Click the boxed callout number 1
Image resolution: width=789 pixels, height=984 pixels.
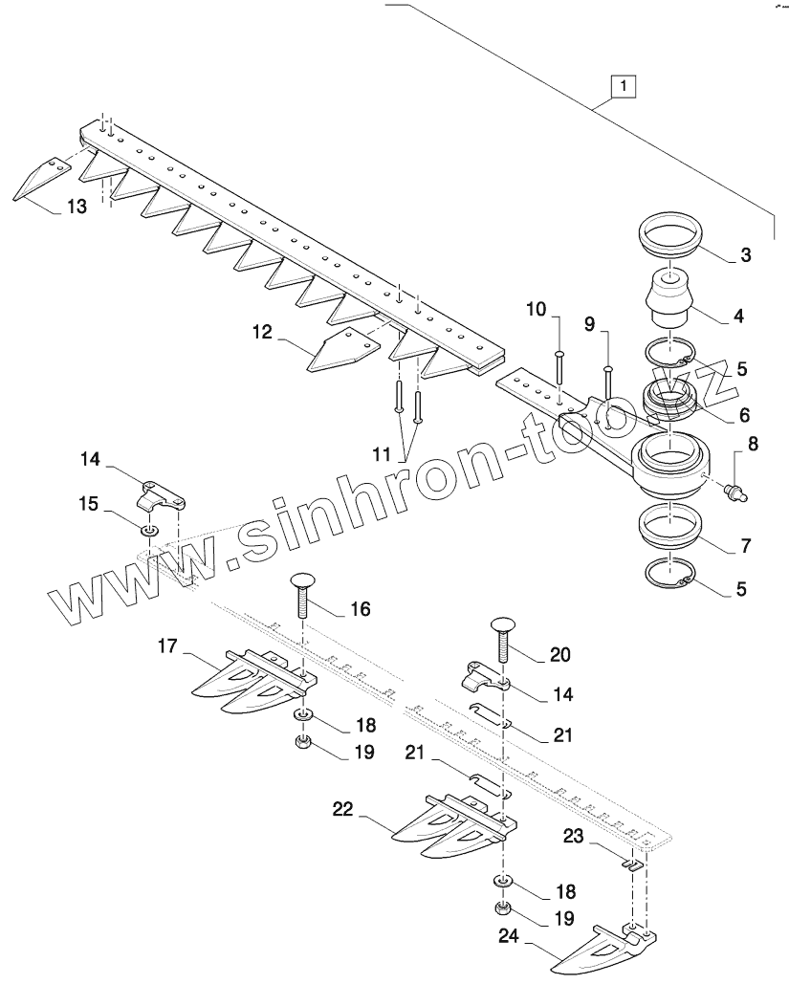(623, 86)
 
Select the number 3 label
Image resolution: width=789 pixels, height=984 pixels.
(745, 255)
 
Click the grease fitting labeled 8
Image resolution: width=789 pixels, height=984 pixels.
(735, 492)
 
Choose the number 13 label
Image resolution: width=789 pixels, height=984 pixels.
(77, 206)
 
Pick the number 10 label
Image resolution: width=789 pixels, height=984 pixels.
(537, 309)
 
